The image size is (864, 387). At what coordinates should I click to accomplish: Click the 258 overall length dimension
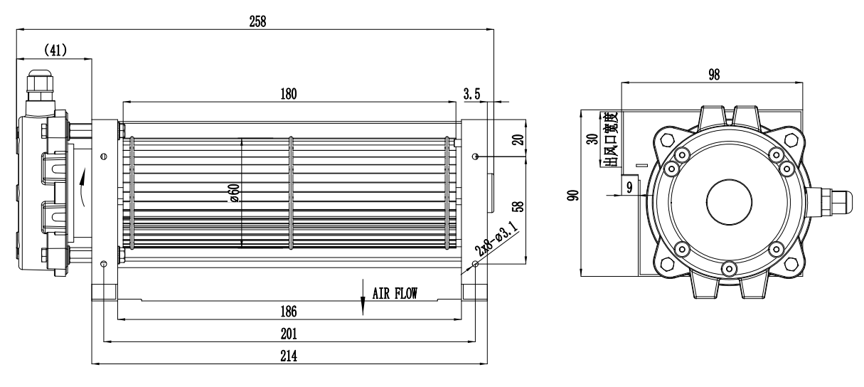coord(256,21)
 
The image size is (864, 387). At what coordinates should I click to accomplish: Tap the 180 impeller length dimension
coord(288,93)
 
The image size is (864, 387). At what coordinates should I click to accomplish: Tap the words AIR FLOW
coord(395,292)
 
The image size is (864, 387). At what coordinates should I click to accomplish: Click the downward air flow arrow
coord(363,302)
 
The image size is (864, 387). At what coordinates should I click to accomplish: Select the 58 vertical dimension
coord(518,207)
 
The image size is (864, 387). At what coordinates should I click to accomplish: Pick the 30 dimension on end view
coord(591,139)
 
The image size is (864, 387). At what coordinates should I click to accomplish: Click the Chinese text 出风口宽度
coord(609,140)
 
